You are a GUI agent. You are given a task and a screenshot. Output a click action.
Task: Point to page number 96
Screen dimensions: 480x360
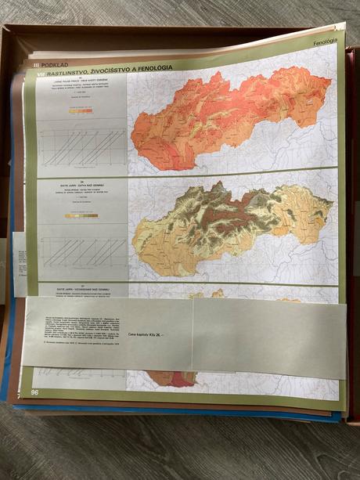point(34,392)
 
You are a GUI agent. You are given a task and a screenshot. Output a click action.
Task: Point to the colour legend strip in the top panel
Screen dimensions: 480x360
point(81,111)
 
